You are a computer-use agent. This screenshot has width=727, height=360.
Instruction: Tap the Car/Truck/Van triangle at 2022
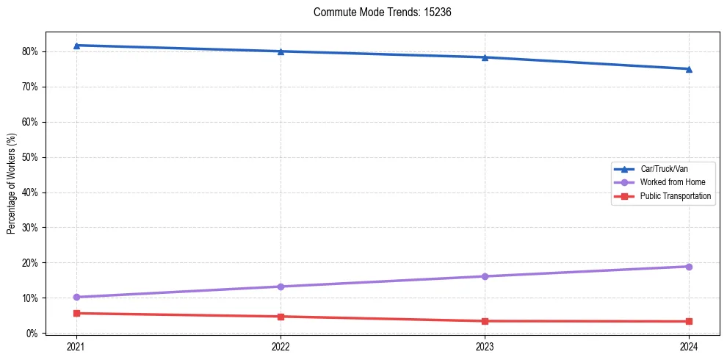281,51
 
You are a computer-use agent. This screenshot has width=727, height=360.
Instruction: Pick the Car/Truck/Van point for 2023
485,57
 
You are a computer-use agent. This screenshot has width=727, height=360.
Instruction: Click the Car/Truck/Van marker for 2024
689,69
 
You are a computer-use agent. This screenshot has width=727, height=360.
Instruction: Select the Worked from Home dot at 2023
485,276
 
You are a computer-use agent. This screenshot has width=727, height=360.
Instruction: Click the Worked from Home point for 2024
689,267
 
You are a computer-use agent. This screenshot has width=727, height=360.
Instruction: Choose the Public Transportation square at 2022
281,317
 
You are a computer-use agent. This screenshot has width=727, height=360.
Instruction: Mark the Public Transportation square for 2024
689,321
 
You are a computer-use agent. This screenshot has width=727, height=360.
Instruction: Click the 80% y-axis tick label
32,51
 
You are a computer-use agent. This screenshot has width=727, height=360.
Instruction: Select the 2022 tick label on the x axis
281,345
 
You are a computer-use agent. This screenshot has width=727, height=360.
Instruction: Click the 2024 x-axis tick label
689,345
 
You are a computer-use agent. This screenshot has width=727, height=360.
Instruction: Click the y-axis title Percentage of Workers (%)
12,184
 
